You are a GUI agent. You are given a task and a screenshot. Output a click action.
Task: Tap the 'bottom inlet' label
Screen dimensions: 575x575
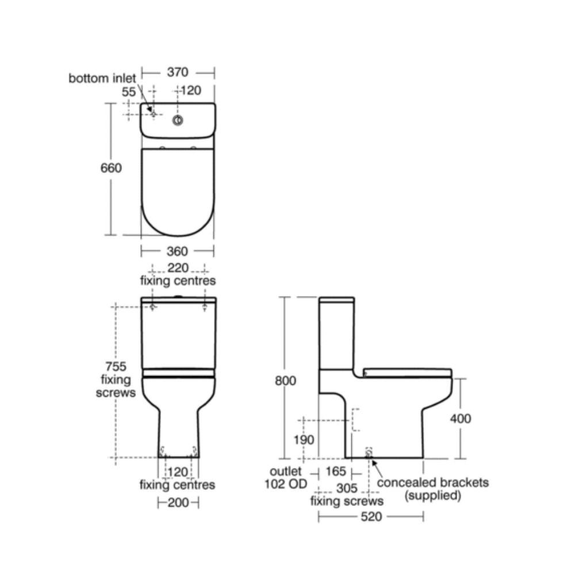[x=102, y=78]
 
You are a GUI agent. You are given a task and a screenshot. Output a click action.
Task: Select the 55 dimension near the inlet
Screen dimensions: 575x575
[x=129, y=91]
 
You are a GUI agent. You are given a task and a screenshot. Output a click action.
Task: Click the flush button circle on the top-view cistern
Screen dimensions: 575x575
[x=178, y=120]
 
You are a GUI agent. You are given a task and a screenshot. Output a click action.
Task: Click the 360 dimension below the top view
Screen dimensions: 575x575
[x=178, y=251]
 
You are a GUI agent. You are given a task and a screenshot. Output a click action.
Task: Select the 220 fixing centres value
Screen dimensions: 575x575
[x=178, y=268]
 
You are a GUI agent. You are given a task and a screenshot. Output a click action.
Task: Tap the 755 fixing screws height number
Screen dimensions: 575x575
[x=116, y=366]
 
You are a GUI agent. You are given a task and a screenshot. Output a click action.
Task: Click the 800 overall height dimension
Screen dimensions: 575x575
[x=286, y=381]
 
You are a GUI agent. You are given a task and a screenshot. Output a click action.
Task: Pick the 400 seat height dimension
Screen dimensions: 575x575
[x=459, y=419]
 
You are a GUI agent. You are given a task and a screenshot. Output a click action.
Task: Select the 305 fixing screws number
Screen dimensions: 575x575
[x=347, y=488]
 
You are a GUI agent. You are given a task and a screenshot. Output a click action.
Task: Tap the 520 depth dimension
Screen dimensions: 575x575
[x=371, y=517]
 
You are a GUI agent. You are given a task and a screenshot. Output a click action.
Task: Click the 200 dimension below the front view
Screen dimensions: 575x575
[x=178, y=502]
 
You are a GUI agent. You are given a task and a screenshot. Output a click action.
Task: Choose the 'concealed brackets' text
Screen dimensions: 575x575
[x=432, y=482]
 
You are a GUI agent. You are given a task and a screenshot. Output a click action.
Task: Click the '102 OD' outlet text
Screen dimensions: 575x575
[x=285, y=484]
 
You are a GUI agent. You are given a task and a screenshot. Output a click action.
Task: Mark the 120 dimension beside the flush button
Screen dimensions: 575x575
[x=190, y=90]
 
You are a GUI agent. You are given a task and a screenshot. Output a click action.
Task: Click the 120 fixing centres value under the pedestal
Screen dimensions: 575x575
[x=178, y=472]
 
